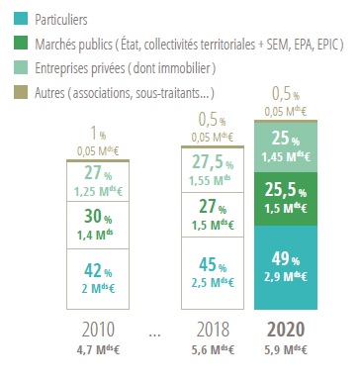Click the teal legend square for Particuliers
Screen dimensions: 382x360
(x=18, y=19)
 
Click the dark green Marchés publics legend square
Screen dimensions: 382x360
(x=18, y=44)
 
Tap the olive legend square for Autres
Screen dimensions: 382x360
(x=18, y=92)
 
